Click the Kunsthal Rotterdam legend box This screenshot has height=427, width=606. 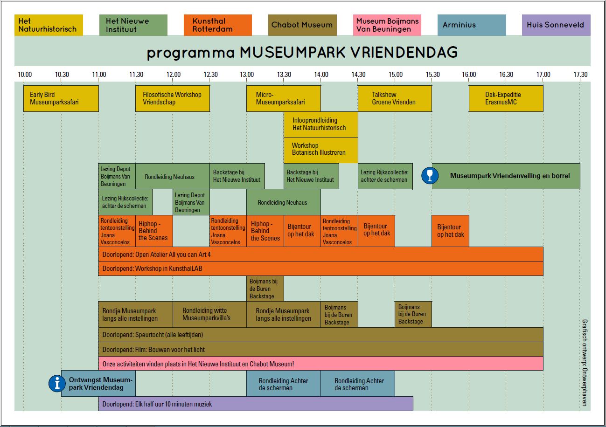(x=218, y=25)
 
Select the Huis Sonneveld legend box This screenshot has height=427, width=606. (x=556, y=25)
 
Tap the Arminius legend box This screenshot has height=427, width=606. (x=472, y=25)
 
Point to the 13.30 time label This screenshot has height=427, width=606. (x=284, y=74)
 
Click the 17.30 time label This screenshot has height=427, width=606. (x=580, y=74)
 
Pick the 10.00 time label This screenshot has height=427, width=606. (x=25, y=74)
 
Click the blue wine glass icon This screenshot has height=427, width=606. (x=430, y=176)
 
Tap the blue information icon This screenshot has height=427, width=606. (x=57, y=383)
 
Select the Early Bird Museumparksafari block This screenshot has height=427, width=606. (x=61, y=99)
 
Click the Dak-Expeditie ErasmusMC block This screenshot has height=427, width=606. (x=506, y=99)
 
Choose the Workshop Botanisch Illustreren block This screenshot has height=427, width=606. (x=321, y=150)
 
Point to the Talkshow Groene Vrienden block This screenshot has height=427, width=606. (x=395, y=99)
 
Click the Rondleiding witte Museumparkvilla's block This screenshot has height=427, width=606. (x=209, y=314)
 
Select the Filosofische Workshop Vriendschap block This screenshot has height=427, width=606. (x=173, y=99)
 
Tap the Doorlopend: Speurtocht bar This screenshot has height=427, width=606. (x=321, y=335)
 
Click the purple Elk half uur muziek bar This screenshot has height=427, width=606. (x=256, y=404)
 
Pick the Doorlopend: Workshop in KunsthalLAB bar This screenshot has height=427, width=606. (x=321, y=269)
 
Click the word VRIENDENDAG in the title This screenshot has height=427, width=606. (x=404, y=52)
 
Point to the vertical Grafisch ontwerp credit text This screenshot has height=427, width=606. (x=585, y=363)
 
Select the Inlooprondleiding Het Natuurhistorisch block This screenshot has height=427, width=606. (x=321, y=124)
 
